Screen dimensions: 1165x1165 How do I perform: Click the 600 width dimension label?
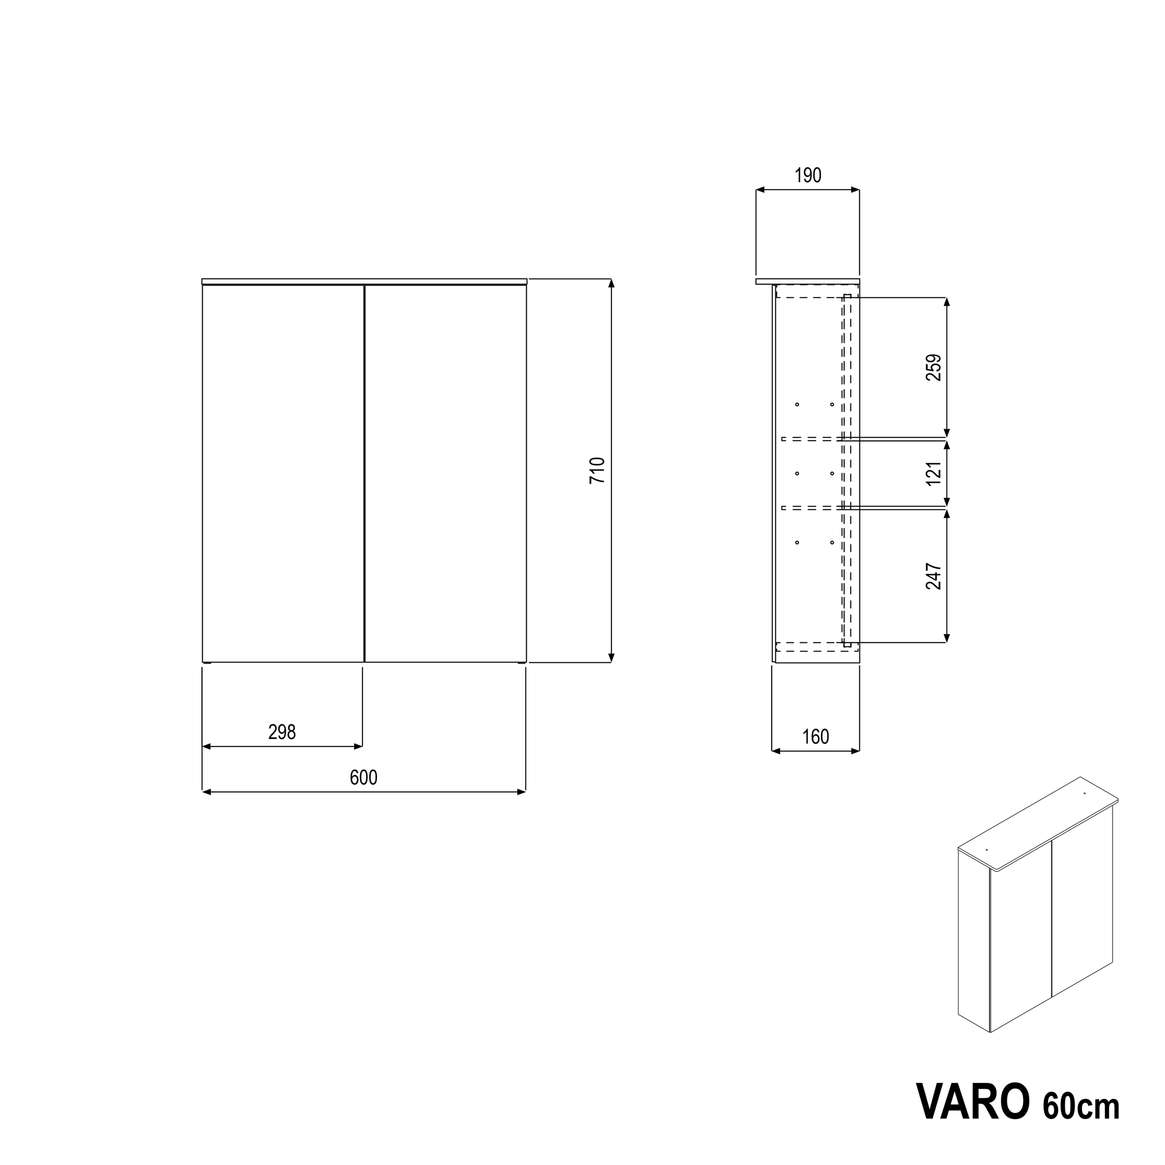click(363, 778)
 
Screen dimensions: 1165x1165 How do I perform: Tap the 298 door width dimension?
click(281, 732)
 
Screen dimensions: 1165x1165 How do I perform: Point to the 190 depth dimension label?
click(808, 176)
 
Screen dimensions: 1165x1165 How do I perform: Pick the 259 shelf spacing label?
click(933, 367)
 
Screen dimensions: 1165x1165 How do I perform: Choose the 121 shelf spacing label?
click(933, 473)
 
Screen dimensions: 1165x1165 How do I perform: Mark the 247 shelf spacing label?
click(933, 576)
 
